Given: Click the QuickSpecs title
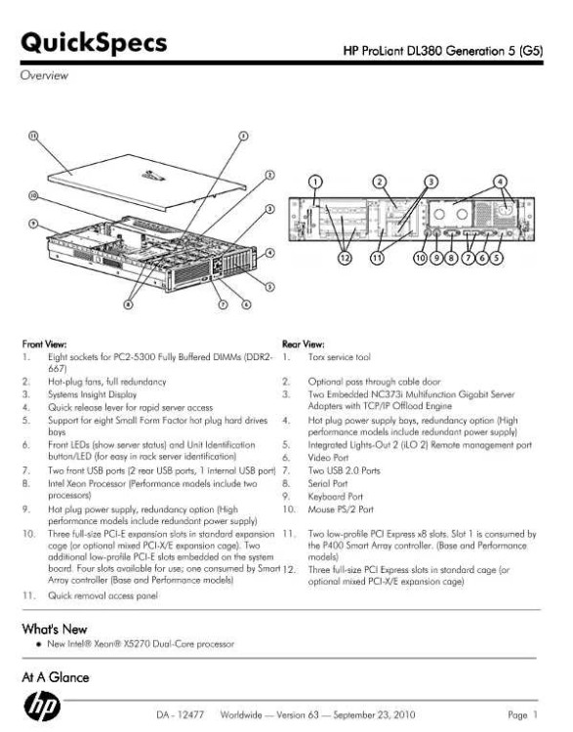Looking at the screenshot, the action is pyautogui.click(x=94, y=43).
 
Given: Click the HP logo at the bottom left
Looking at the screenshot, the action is pyautogui.click(x=42, y=706).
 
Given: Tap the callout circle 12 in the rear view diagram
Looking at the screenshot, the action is pyautogui.click(x=345, y=258).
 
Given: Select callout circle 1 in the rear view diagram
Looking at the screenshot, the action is pyautogui.click(x=316, y=182).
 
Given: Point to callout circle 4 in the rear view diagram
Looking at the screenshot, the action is pyautogui.click(x=500, y=182).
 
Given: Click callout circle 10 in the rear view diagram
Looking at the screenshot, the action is pyautogui.click(x=421, y=258).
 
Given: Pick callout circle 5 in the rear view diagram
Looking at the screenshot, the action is pyautogui.click(x=497, y=258).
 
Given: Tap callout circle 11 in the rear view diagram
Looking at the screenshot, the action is pyautogui.click(x=378, y=258).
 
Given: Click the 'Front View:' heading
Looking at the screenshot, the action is pyautogui.click(x=44, y=345).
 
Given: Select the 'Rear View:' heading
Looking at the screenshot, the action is pyautogui.click(x=303, y=345).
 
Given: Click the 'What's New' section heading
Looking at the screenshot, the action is pyautogui.click(x=54, y=629).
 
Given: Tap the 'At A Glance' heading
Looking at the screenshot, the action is pyautogui.click(x=55, y=677).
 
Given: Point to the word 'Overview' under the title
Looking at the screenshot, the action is pyautogui.click(x=44, y=75).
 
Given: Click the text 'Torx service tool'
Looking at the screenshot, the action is pyautogui.click(x=339, y=357).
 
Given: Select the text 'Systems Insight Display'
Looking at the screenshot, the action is pyautogui.click(x=93, y=394).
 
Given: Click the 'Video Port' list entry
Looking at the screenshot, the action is pyautogui.click(x=328, y=458).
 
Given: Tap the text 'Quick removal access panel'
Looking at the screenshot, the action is pyautogui.click(x=102, y=595).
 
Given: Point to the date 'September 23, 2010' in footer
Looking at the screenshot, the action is pyautogui.click(x=374, y=714).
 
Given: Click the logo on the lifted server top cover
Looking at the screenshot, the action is pyautogui.click(x=153, y=176).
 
